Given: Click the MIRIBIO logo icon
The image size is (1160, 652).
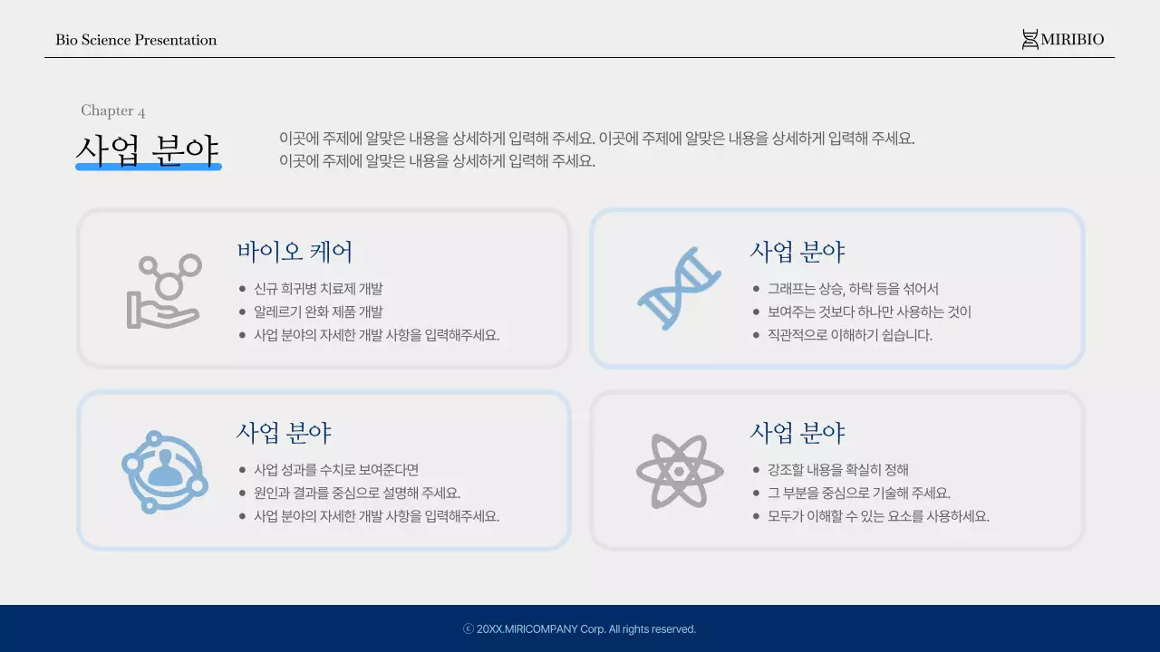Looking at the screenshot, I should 1029,40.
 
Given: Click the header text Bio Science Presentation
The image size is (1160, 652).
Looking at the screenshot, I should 136,40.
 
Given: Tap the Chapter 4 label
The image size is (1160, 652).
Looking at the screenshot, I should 113,110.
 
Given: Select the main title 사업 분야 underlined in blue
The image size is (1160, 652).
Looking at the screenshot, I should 148,150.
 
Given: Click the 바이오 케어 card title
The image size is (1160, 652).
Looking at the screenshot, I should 295,252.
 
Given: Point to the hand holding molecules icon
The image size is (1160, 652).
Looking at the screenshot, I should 163,291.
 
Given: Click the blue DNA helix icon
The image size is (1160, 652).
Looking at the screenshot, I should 679,288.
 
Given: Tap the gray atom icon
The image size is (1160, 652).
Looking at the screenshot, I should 679,471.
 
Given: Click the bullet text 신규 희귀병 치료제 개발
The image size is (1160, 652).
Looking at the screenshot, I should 318,289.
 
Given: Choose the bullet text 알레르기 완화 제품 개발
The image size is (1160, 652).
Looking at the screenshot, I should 318,312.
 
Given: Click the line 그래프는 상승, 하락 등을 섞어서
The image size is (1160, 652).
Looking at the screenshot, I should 853,289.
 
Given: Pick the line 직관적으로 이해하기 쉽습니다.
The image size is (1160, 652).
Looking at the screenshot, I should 849,335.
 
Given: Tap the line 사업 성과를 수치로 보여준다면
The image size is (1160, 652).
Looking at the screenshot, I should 336,470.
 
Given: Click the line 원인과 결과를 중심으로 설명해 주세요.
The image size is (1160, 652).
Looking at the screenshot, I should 357,494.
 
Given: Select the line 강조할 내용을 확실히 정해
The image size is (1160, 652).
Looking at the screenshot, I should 838,470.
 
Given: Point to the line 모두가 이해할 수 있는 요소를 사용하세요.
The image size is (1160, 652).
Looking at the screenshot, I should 878,516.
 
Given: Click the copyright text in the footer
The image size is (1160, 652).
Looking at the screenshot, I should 580,629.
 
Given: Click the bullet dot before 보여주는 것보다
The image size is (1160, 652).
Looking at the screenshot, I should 757,312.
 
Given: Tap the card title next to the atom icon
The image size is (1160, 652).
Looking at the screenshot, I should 797,433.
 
